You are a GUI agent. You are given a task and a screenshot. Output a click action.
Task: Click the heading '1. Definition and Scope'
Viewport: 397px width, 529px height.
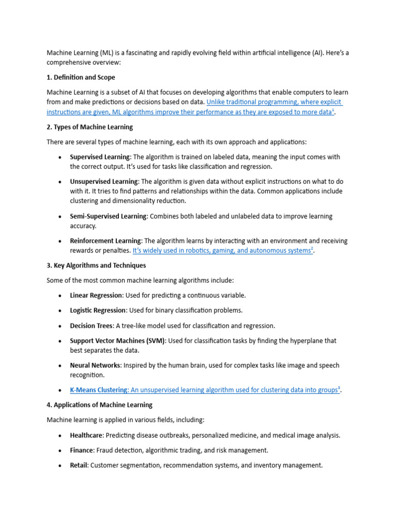point(81,77)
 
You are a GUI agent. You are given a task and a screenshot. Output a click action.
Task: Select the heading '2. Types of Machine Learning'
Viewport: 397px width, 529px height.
point(89,127)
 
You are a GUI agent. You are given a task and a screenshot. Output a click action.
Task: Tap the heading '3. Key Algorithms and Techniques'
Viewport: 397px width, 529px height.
point(96,266)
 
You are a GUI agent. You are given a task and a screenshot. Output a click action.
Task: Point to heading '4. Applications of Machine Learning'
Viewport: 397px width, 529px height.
point(100,405)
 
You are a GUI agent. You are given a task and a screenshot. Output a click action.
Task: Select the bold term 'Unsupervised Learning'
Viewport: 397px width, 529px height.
point(104,182)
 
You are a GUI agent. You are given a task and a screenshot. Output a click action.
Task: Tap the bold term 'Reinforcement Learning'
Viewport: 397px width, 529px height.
point(105,241)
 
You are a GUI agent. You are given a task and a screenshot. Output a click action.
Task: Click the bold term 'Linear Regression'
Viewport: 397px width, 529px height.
point(96,295)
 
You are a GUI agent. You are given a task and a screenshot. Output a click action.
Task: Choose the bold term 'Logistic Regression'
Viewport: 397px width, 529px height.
point(98,310)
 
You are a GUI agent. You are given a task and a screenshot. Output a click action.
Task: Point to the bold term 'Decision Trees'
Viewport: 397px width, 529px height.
point(91,326)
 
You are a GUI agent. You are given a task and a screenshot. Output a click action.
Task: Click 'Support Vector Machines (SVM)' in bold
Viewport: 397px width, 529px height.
point(117,341)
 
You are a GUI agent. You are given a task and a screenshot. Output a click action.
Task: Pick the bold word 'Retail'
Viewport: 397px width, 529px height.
point(79,465)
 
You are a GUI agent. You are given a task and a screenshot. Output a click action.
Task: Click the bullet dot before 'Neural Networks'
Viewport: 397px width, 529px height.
point(60,366)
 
